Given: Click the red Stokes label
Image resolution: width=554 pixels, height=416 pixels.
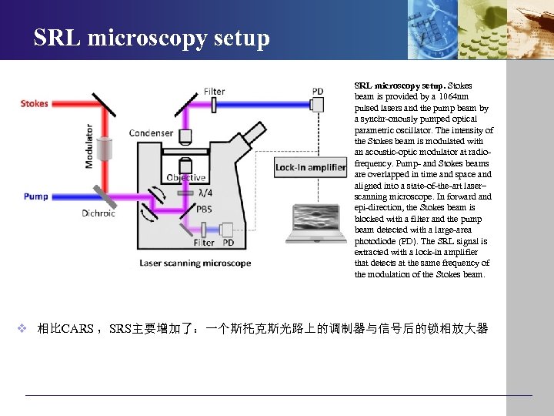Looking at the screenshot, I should pyautogui.click(x=35, y=104).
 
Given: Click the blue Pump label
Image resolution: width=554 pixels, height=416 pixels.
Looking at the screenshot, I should pyautogui.click(x=35, y=196).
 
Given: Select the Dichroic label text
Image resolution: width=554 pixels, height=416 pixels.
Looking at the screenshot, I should pyautogui.click(x=98, y=213).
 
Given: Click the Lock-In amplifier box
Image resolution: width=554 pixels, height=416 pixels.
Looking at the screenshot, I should pyautogui.click(x=310, y=167).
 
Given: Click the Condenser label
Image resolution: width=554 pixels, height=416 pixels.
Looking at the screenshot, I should pyautogui.click(x=151, y=133).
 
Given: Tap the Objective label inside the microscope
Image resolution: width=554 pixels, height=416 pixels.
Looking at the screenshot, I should pyautogui.click(x=186, y=178).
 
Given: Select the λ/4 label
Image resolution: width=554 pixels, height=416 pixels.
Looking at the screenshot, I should pyautogui.click(x=205, y=193).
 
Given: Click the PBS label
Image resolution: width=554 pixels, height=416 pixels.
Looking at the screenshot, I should pyautogui.click(x=205, y=209).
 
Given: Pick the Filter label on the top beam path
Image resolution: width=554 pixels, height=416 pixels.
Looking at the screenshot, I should pyautogui.click(x=215, y=92).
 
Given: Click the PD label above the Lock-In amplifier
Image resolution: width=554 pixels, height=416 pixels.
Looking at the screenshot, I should pyautogui.click(x=318, y=92).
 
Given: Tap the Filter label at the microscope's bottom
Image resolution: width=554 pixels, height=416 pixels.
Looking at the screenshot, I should pyautogui.click(x=204, y=243).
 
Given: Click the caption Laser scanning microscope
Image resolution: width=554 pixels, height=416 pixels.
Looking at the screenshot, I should pyautogui.click(x=195, y=263).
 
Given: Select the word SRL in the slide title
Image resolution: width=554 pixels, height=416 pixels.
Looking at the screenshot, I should pyautogui.click(x=58, y=38).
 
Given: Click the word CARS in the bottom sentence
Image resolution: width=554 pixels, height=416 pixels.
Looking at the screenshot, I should pyautogui.click(x=77, y=329).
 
